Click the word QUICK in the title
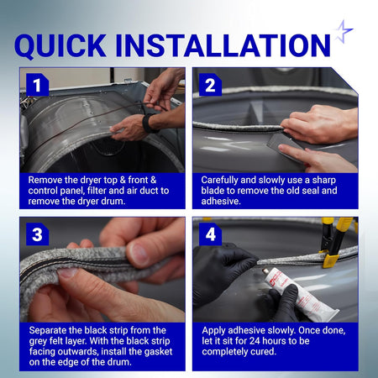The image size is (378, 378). pos(60,46)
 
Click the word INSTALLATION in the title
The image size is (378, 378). pos(223,45)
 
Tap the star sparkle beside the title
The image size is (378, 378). pos(344,31)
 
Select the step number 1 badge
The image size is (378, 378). pos(37,85)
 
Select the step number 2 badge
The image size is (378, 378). pos(210,85)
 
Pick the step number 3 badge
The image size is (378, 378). pos(37,234)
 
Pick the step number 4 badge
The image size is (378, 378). pos(210,234)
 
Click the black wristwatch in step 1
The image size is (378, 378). pos(149,123)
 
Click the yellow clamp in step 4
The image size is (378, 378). pos(333,241)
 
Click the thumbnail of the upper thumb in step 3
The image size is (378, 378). pos(139,255)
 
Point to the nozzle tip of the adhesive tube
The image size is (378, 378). pos(265,270)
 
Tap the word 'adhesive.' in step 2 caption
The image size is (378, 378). pos(221,202)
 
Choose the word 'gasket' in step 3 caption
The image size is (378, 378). pos(159,352)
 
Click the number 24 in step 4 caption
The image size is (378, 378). pos(255,341)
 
